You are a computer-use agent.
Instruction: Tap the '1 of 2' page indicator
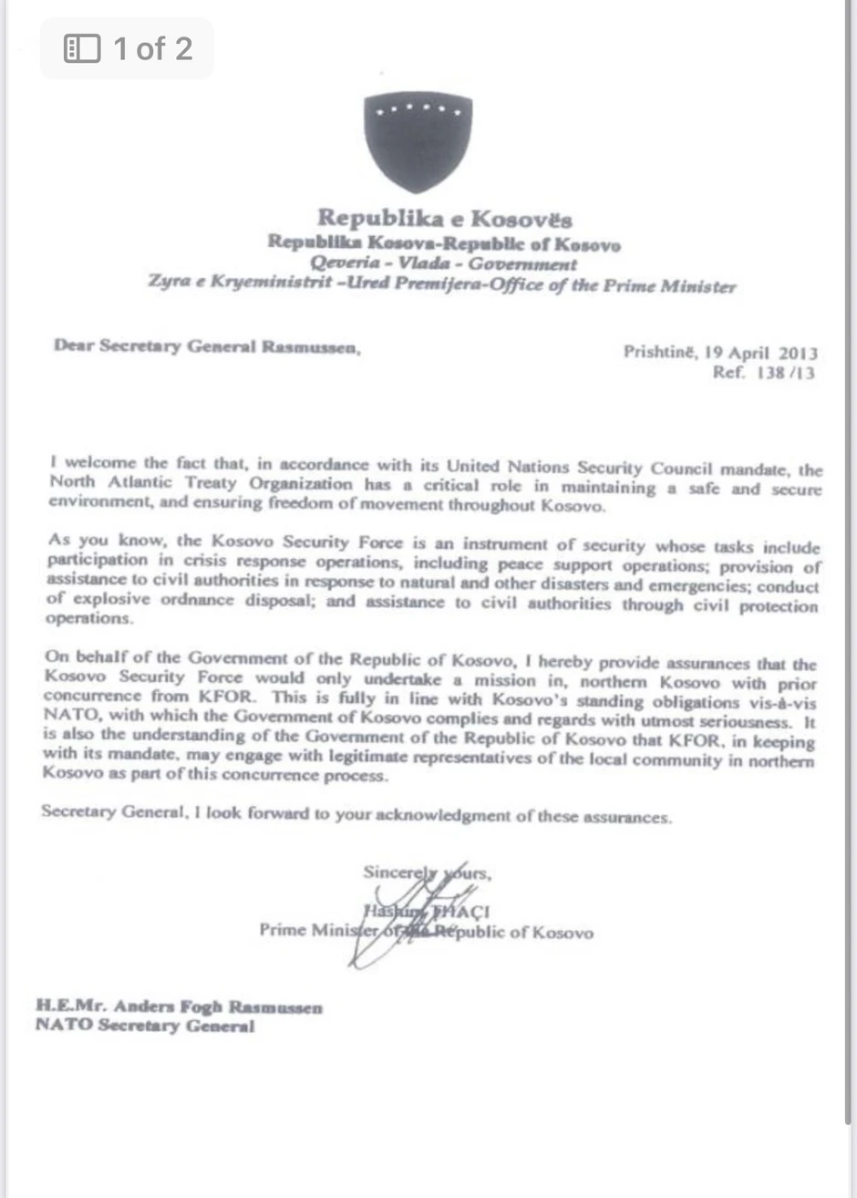point(152,48)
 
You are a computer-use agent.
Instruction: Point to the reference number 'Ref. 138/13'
point(764,373)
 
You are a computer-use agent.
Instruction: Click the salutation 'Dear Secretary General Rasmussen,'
point(207,346)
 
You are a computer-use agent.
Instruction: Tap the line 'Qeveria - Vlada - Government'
point(443,264)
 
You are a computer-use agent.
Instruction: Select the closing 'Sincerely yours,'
point(427,873)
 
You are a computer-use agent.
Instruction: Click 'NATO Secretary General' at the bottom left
point(145,1026)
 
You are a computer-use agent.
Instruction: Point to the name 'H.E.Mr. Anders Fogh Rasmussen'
point(179,1007)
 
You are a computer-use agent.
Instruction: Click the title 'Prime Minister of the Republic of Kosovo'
point(426,932)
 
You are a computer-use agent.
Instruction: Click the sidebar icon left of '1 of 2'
point(82,48)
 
